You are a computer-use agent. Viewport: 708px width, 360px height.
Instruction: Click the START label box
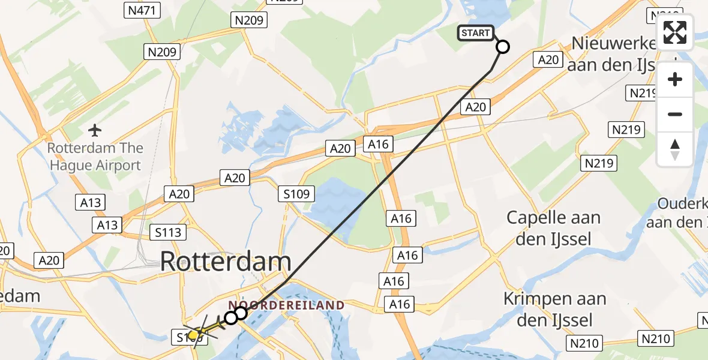[476, 33]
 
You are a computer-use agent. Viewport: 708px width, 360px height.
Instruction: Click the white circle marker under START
[503, 47]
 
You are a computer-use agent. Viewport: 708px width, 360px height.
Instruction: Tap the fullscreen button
[675, 32]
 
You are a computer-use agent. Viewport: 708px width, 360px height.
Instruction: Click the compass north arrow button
[675, 149]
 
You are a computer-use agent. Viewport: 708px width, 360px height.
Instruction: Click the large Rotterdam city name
[226, 262]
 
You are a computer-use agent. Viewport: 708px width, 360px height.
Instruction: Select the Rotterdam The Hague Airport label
[96, 157]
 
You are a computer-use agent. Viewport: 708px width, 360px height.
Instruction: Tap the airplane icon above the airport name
[95, 130]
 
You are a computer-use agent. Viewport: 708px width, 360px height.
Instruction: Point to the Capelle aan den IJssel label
[553, 228]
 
